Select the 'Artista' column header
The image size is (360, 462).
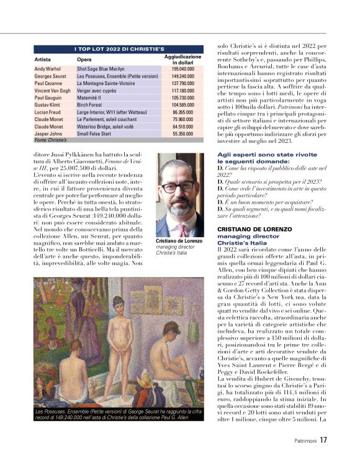(x=43, y=59)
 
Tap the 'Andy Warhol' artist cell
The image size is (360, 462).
(x=48, y=69)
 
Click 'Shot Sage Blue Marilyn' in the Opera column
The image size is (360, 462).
(x=101, y=69)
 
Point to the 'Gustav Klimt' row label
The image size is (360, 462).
(x=48, y=106)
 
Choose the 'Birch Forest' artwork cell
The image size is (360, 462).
(x=91, y=106)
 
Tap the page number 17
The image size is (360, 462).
(x=324, y=440)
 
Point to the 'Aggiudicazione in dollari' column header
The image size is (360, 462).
(x=182, y=59)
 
